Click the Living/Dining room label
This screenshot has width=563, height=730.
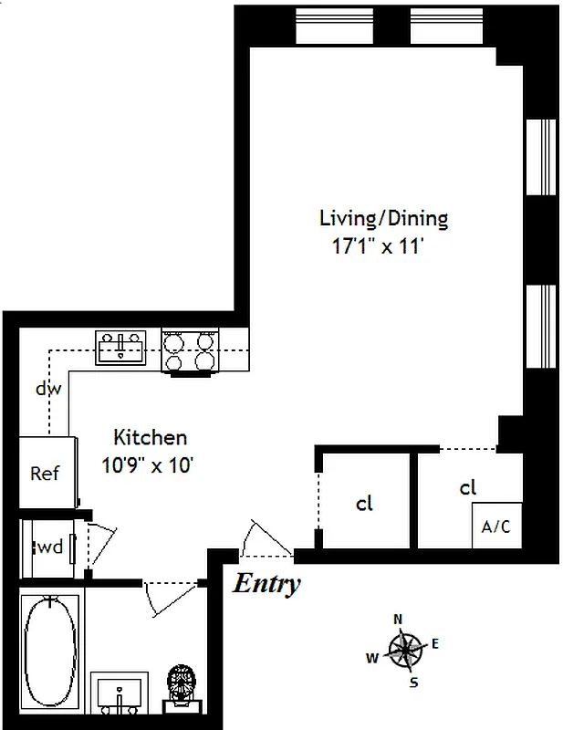point(384,218)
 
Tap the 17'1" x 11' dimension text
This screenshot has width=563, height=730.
point(377,245)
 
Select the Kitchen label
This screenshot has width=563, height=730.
point(151,437)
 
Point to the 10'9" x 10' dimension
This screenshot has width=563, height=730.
point(147,464)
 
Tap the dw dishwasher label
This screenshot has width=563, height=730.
point(48,389)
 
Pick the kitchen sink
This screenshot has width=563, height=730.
point(120,348)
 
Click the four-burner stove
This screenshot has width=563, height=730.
point(190,350)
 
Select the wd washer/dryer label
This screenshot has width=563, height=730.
point(50,547)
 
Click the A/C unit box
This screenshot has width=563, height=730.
point(497,526)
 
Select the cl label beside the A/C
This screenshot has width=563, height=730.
point(467,487)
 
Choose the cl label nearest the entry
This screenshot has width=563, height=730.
point(364,504)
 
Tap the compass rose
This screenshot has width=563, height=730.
point(406,649)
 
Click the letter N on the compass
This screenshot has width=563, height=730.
point(398,620)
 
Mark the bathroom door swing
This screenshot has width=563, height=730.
point(172,599)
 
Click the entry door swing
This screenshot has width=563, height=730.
point(266,538)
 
